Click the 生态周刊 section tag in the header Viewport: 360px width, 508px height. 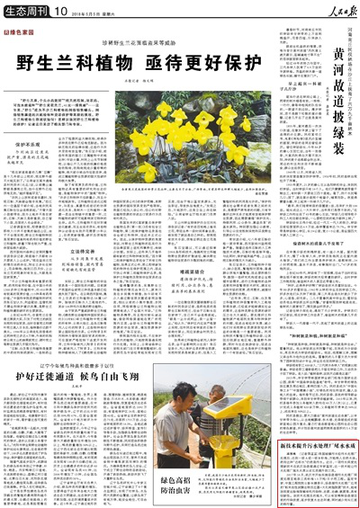coord(27,12)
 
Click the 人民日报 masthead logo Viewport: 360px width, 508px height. coord(333,12)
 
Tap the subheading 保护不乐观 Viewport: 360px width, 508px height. coord(30,144)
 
